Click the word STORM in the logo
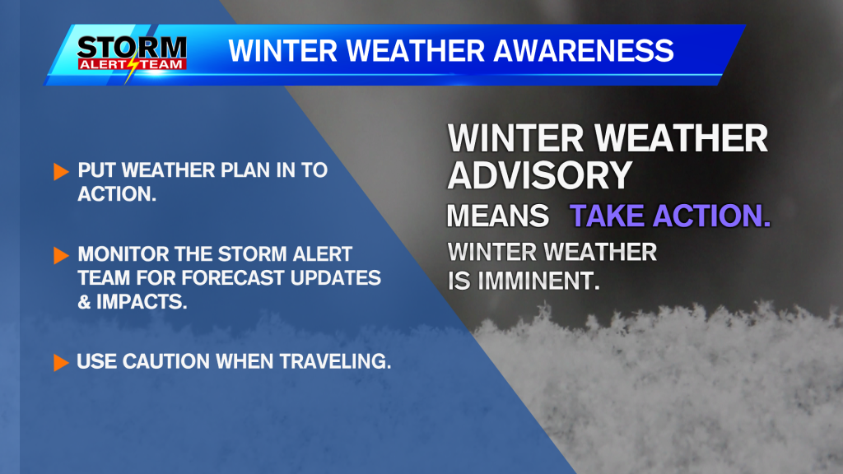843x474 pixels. [132, 45]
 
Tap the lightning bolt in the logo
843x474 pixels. [132, 71]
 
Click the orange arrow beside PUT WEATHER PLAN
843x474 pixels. [61, 172]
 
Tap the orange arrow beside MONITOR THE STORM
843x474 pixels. [61, 255]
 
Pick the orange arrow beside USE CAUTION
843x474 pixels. [61, 362]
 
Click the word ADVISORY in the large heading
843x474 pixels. [539, 175]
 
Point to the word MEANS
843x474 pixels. [497, 216]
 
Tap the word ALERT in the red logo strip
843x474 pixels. [107, 63]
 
